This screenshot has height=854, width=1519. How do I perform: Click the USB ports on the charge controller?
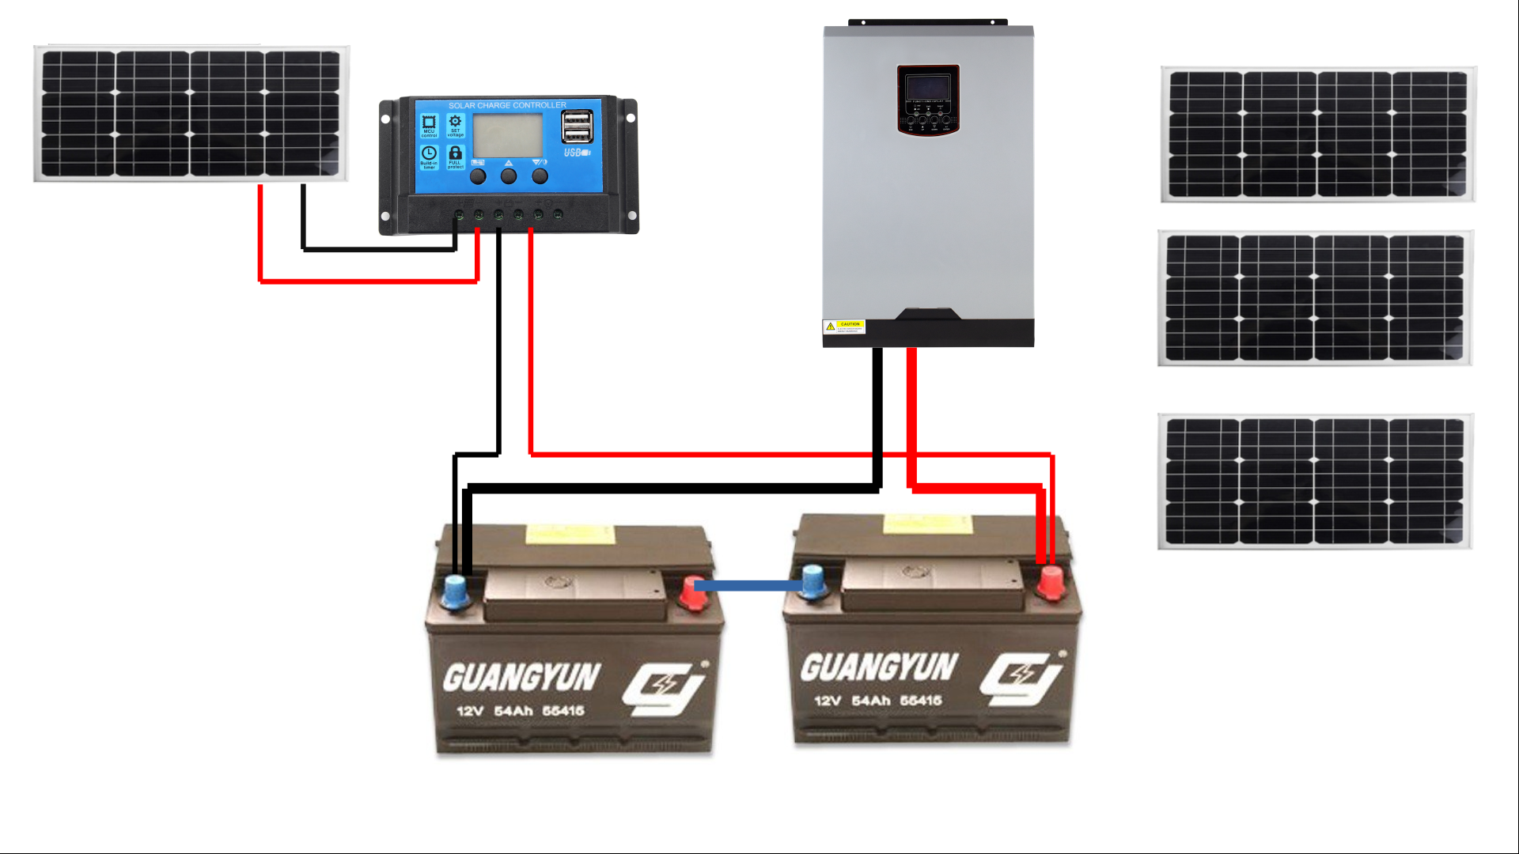pyautogui.click(x=577, y=127)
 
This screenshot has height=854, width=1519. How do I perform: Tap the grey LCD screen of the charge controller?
pyautogui.click(x=507, y=135)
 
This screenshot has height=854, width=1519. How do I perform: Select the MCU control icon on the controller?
pyautogui.click(x=429, y=124)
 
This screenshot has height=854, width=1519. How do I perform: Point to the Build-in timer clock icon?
pyautogui.click(x=429, y=156)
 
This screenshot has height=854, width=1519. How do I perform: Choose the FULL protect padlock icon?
pyautogui.click(x=455, y=156)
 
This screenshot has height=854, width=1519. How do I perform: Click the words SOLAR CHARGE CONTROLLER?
pyautogui.click(x=507, y=105)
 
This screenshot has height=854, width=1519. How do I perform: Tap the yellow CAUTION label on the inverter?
pyautogui.click(x=844, y=327)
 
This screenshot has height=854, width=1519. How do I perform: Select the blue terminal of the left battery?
pyautogui.click(x=455, y=591)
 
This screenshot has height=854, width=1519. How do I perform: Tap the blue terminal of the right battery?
pyautogui.click(x=813, y=581)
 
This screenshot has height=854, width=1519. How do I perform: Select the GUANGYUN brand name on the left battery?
pyautogui.click(x=521, y=678)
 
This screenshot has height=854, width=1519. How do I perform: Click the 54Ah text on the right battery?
pyautogui.click(x=871, y=701)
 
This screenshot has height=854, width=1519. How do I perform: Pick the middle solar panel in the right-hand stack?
pyautogui.click(x=1315, y=298)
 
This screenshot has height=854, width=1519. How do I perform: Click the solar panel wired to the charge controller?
pyautogui.click(x=191, y=114)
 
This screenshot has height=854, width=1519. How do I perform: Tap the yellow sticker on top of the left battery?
pyautogui.click(x=570, y=535)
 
